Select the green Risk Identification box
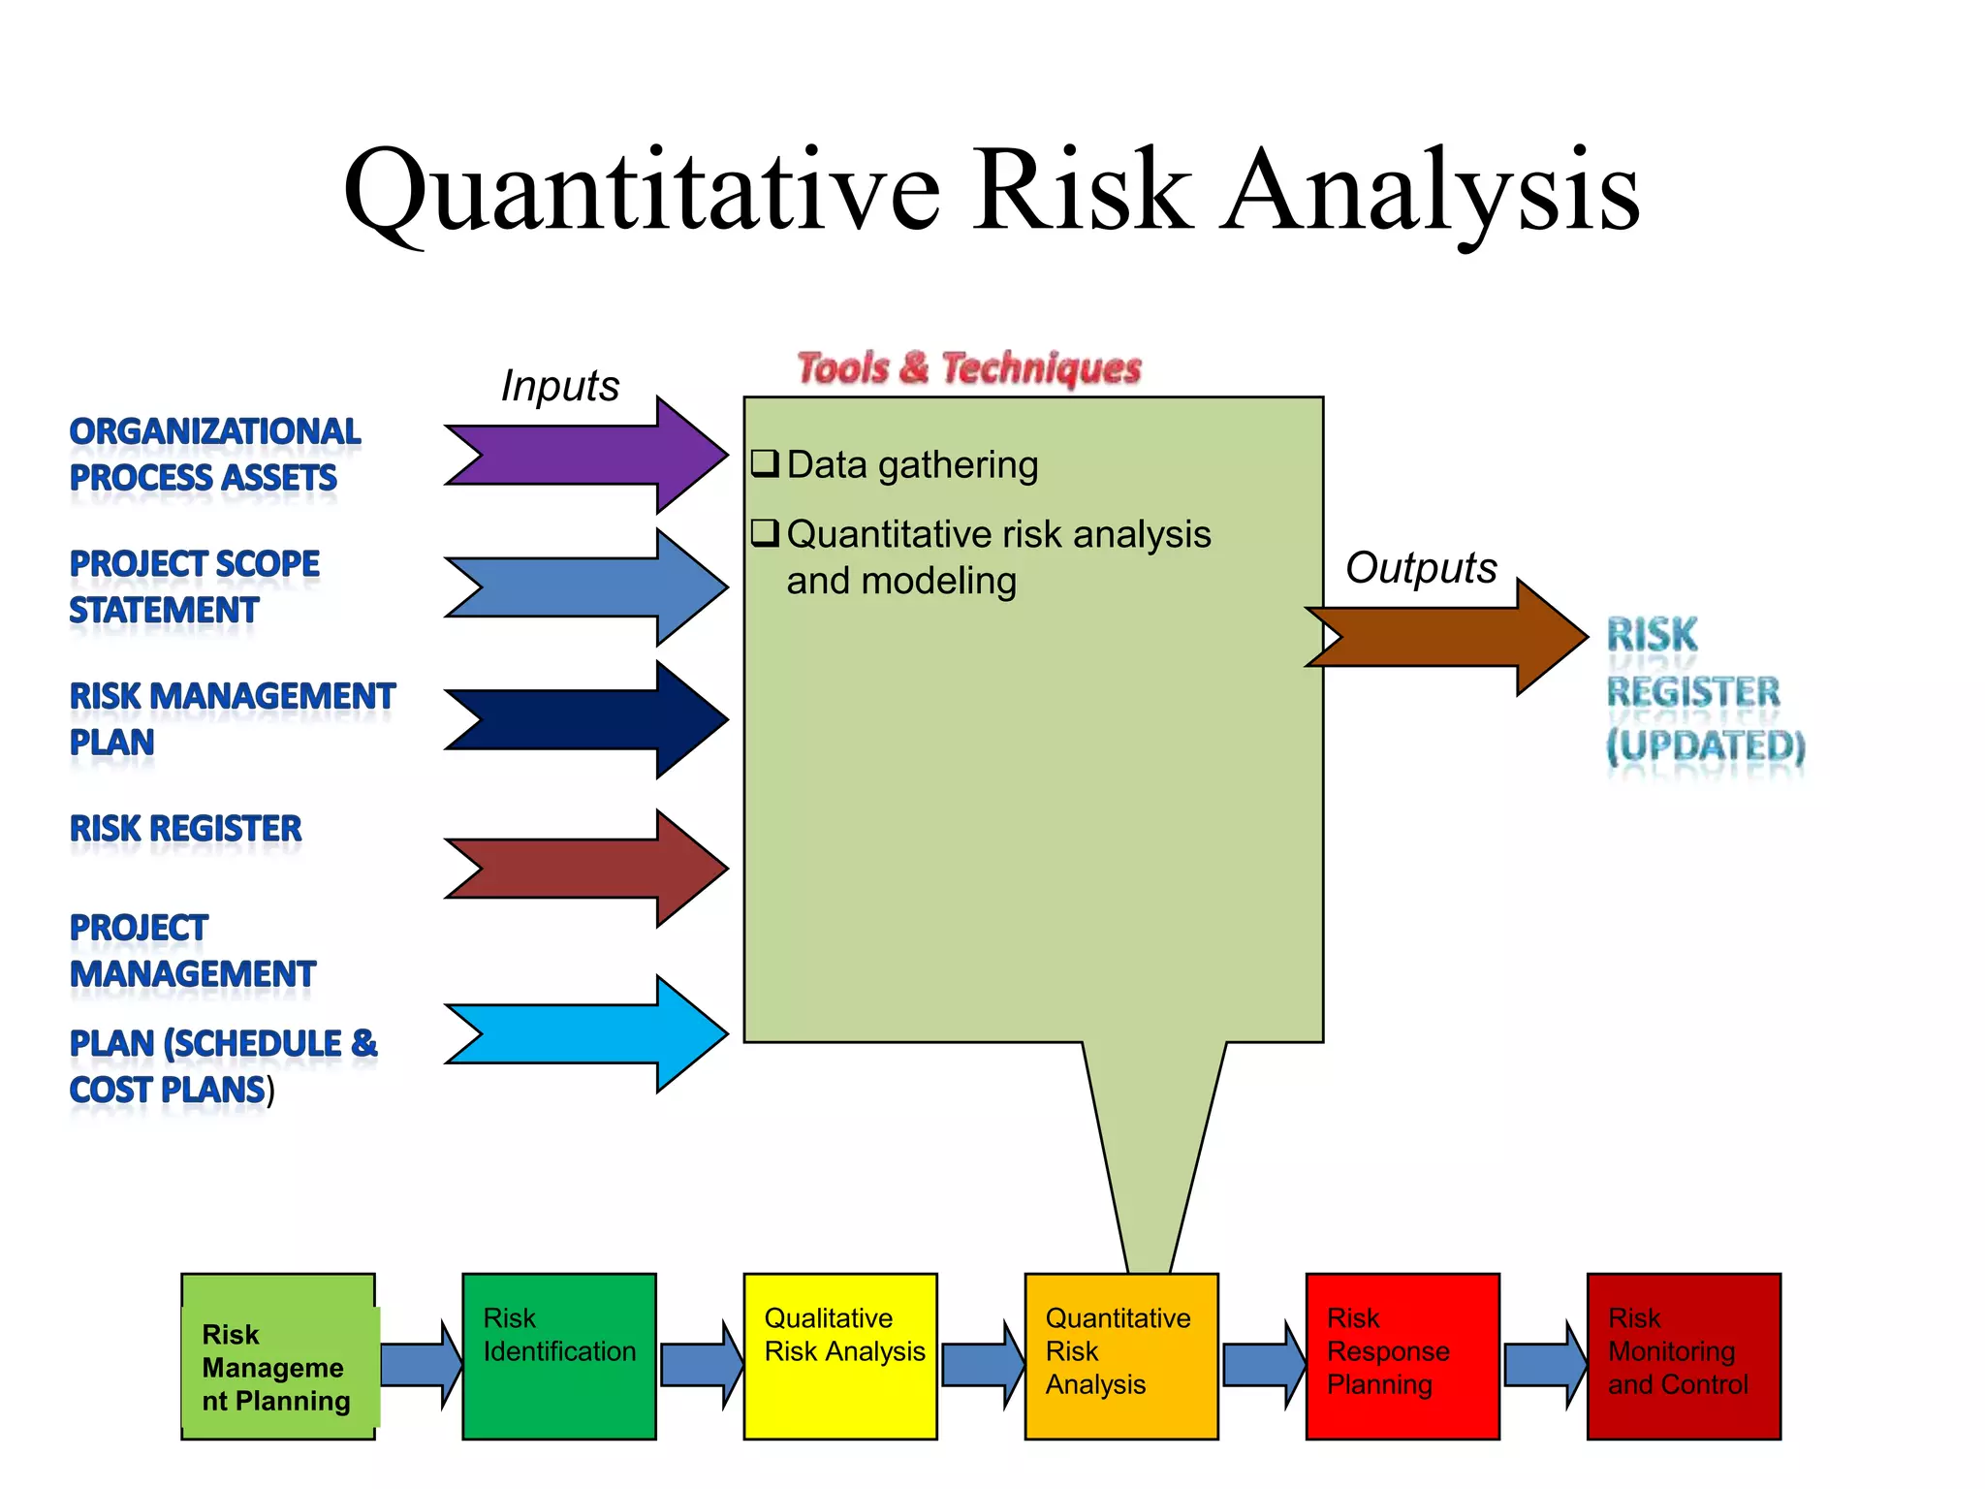pyautogui.click(x=559, y=1356)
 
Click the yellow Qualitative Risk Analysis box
pyautogui.click(x=840, y=1356)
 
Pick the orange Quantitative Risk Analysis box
pyautogui.click(x=1121, y=1356)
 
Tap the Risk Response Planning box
pyautogui.click(x=1402, y=1356)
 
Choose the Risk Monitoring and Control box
pyautogui.click(x=1684, y=1356)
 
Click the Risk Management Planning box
pyautogui.click(x=278, y=1356)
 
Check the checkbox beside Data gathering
pyautogui.click(x=765, y=463)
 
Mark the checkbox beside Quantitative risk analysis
pyautogui.click(x=765, y=532)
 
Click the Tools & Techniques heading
pyautogui.click(x=969, y=368)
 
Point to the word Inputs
pyautogui.click(x=559, y=386)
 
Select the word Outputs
pyautogui.click(x=1421, y=568)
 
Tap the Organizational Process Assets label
pyautogui.click(x=213, y=455)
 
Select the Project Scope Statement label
pyautogui.click(x=194, y=586)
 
